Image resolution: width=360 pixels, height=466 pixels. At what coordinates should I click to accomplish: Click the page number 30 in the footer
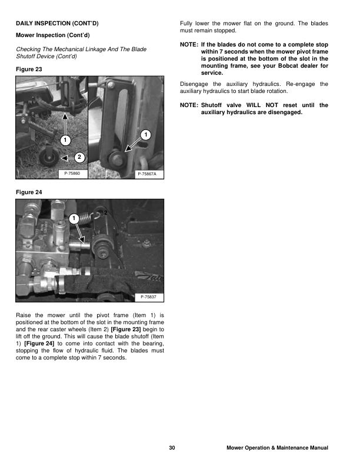click(x=172, y=448)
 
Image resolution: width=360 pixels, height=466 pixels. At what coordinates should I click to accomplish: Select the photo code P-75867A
click(x=150, y=174)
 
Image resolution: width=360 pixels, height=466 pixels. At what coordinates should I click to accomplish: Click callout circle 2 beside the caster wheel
click(x=79, y=157)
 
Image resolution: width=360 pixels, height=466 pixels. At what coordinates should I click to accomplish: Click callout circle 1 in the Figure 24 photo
click(x=73, y=218)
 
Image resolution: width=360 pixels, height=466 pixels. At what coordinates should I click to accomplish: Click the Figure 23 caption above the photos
click(x=29, y=69)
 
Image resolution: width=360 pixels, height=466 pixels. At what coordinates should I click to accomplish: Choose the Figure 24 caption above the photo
click(x=29, y=192)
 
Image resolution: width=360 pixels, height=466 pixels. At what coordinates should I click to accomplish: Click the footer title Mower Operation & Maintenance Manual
click(x=277, y=448)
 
